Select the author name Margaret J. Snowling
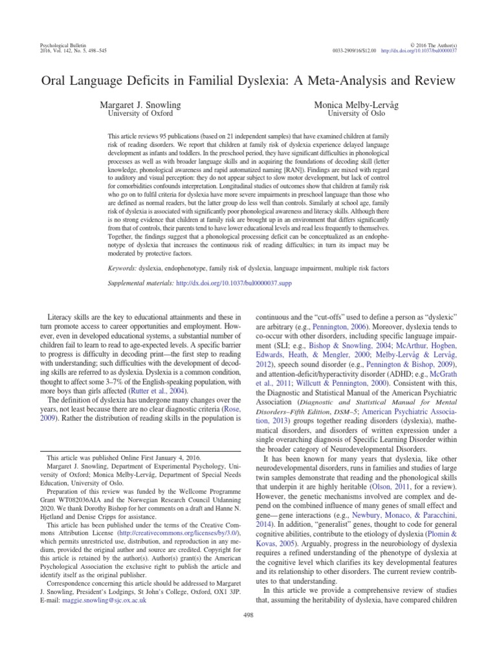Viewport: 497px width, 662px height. click(x=139, y=104)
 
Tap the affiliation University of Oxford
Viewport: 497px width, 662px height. click(x=139, y=113)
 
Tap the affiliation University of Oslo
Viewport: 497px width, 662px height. click(x=357, y=113)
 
